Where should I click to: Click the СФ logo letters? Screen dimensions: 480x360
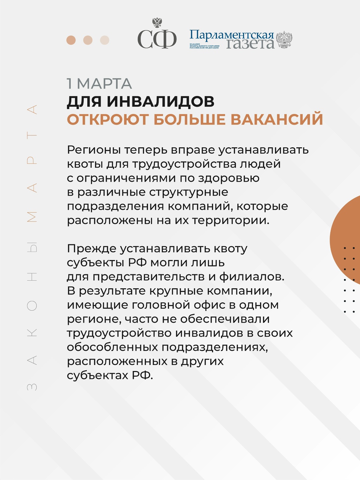(157, 40)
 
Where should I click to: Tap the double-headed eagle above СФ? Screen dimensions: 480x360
(157, 23)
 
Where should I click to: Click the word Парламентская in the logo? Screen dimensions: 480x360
(232, 35)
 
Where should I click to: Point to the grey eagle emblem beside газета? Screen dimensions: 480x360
(284, 40)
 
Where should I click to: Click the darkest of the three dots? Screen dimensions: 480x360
(71, 40)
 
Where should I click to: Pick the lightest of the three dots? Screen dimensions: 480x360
(105, 40)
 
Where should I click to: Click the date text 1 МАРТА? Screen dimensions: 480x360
(99, 84)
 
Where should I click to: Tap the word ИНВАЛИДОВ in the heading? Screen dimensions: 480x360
(161, 101)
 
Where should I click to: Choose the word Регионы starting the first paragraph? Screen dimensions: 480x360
(93, 150)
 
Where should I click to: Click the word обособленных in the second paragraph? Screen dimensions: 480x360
(112, 347)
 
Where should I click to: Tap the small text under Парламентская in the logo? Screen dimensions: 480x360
(204, 46)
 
